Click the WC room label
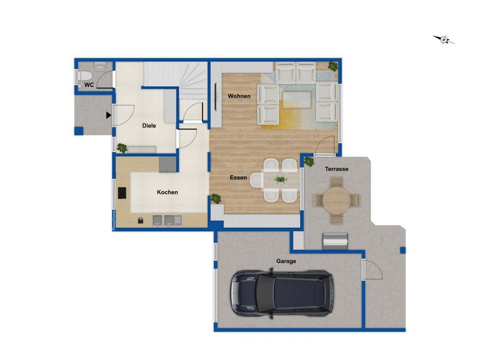(89, 85)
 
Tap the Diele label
(149, 125)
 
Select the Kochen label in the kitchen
(167, 192)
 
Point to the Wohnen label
(239, 96)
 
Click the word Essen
(238, 177)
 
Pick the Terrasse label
(337, 169)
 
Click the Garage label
(286, 261)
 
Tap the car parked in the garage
(282, 294)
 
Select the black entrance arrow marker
(108, 115)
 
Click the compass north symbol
(444, 40)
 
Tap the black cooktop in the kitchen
(122, 193)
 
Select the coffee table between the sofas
(297, 100)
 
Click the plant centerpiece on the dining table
(280, 179)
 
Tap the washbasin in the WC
(100, 66)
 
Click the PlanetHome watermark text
(114, 220)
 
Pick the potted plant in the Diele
(122, 148)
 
